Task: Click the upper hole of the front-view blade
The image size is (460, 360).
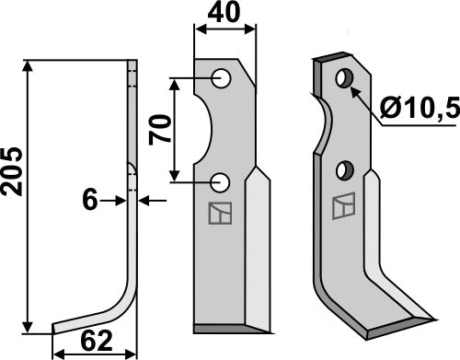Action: point(220,79)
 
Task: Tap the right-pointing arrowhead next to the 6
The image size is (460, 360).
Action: point(120,199)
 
